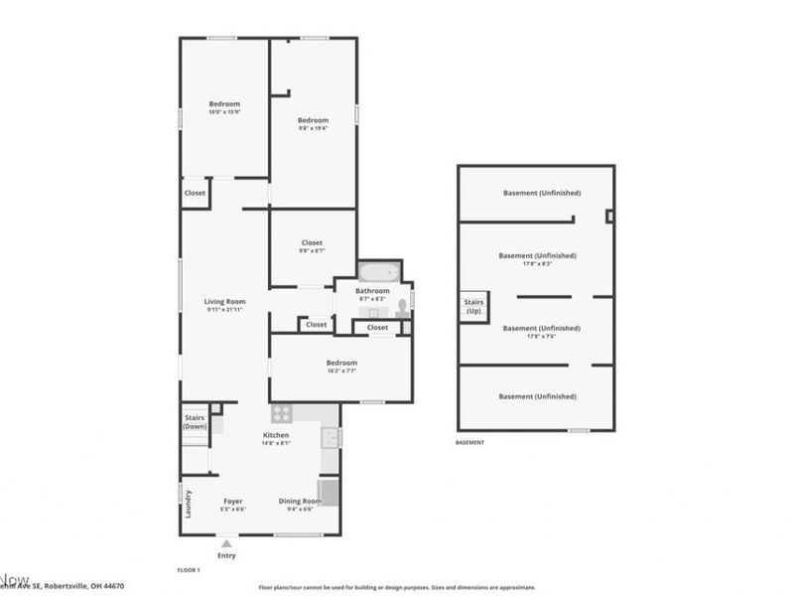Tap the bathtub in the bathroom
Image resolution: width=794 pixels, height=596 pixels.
377,272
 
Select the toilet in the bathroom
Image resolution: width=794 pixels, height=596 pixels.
403,306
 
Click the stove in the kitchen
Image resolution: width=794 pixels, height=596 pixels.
281,413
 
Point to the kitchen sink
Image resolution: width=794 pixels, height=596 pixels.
331,436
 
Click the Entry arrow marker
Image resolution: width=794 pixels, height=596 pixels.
226,543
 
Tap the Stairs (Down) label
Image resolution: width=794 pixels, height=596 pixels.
195,421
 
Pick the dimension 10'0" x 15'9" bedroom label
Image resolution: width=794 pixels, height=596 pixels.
224,107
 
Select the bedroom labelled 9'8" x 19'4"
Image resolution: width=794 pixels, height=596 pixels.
313,124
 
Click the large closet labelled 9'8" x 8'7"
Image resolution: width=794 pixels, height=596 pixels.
313,246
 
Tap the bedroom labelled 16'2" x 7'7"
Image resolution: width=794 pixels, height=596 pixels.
340,365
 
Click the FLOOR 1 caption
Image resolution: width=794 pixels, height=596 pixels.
189,570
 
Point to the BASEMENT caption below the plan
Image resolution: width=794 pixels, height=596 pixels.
469,442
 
